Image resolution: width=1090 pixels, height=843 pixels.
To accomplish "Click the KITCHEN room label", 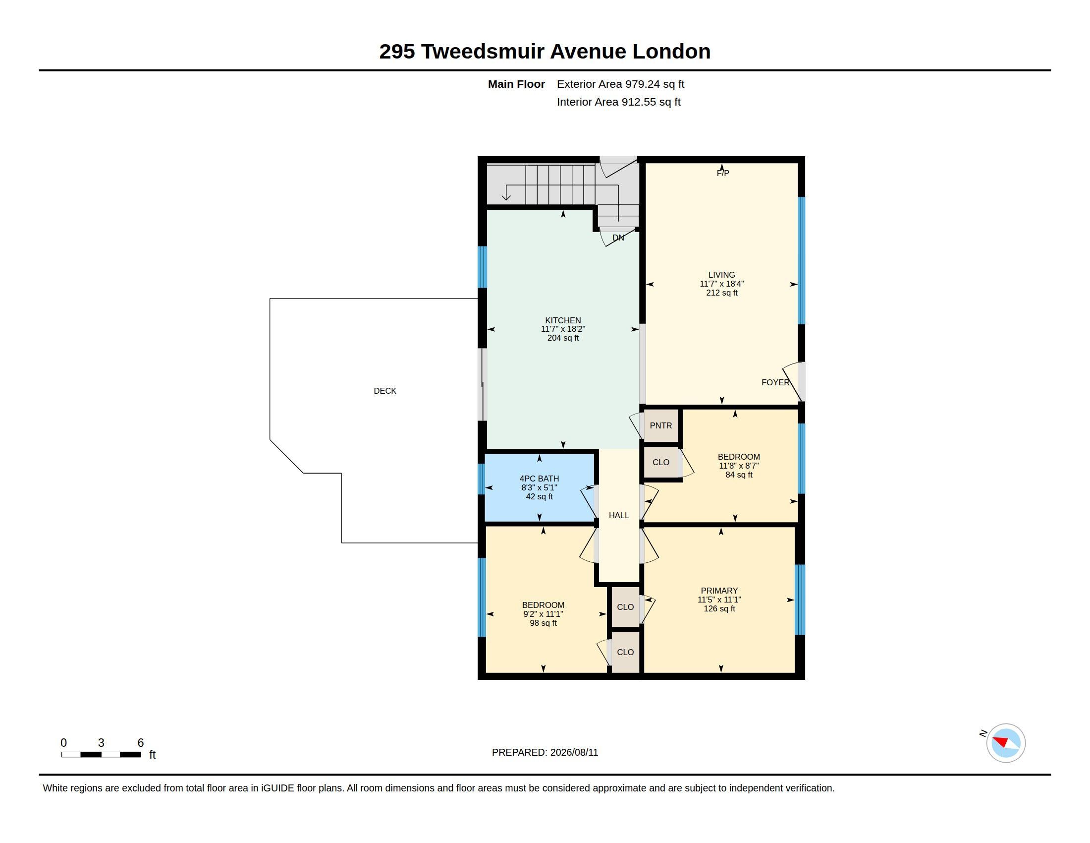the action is pos(563,321).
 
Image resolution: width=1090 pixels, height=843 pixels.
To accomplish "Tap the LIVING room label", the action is pos(722,275).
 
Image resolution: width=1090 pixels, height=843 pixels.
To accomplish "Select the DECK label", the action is pos(385,391).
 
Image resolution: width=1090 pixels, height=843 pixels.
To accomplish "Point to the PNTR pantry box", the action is pos(661,425).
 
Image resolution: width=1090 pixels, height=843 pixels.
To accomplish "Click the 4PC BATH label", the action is pos(539,479).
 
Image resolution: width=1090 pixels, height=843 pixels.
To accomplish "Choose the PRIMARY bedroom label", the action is pos(719,591).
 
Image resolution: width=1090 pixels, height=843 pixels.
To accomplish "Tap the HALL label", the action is pos(619,515).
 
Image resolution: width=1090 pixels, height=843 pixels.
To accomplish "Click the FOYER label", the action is pos(775,382).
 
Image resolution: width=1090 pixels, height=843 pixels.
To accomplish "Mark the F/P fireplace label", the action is pos(723,173).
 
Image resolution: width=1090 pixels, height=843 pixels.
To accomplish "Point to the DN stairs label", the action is pos(618,238).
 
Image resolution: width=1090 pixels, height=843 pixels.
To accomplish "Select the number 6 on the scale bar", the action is pos(140,743).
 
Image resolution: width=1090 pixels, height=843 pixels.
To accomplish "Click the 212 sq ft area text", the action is pos(722,293).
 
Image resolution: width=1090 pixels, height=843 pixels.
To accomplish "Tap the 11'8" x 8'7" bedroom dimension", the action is pos(739,466).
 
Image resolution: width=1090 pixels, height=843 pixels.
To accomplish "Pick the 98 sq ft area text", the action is pos(543,623).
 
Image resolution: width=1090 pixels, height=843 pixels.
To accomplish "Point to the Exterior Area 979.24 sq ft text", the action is pos(620,84).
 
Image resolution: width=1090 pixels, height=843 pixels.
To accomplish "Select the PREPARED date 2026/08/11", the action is pos(574,752).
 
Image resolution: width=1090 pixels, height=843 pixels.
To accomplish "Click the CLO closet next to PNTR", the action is pos(661,463).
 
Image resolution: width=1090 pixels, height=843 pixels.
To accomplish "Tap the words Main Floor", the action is pos(516,84).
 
